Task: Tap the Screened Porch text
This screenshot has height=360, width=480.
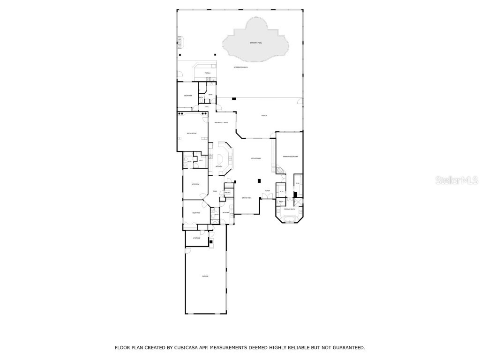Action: [x=241, y=67]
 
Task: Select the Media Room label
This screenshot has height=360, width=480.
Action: [x=191, y=134]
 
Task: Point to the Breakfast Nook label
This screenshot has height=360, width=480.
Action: [x=221, y=122]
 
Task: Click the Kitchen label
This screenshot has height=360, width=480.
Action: [x=219, y=166]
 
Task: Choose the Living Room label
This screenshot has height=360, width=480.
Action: [x=255, y=158]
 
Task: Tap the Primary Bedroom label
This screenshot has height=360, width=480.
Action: [x=290, y=156]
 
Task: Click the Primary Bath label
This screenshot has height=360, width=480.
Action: [x=289, y=209]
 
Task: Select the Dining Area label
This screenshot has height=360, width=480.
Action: [x=247, y=198]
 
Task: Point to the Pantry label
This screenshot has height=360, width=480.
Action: [x=227, y=193]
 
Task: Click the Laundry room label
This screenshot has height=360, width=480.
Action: [x=225, y=212]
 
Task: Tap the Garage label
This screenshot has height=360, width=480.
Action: [x=205, y=277]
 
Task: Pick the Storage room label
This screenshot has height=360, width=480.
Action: [x=196, y=238]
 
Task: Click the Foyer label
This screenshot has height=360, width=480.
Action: [x=267, y=191]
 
